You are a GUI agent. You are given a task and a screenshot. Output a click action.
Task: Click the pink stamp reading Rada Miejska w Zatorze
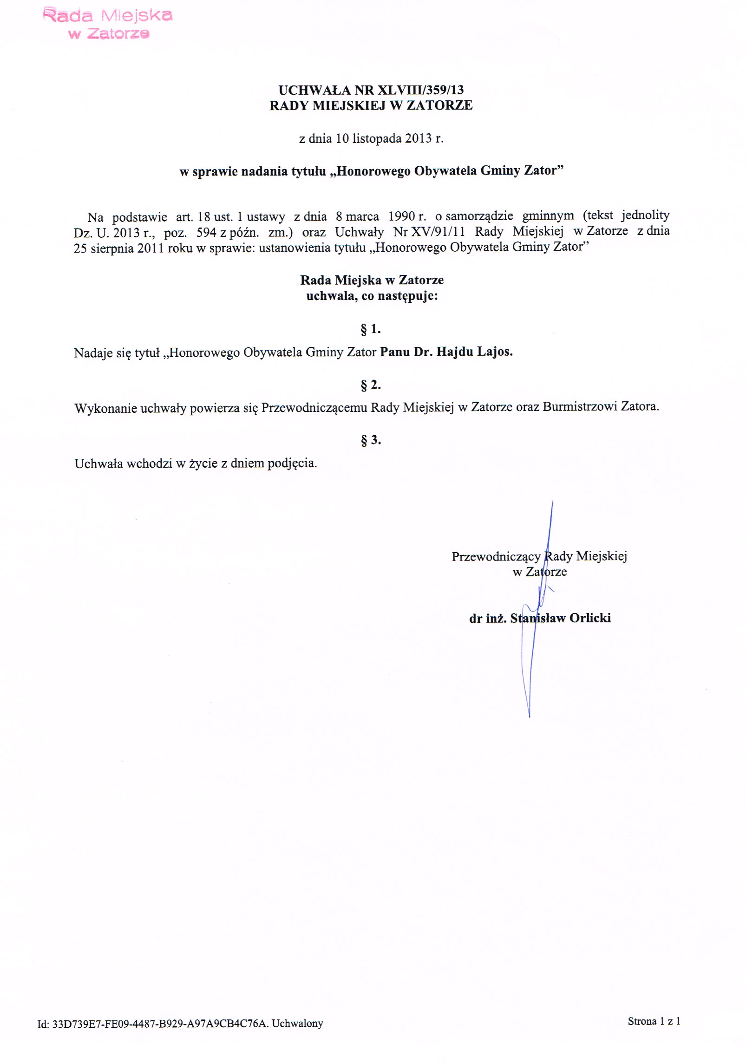coord(107,24)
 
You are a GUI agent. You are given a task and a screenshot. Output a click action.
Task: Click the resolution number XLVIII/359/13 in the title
coord(421,90)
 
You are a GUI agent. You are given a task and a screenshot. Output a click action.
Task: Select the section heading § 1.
coord(370,329)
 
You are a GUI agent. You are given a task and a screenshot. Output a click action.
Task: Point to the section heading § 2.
coord(370,385)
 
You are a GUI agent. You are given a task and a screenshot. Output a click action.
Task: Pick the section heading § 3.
coord(370,440)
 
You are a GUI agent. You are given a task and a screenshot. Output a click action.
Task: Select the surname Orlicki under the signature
coord(590,618)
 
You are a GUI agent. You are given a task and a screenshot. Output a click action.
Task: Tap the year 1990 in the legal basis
coord(402,216)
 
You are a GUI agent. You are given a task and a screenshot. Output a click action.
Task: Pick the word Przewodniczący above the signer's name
coord(496,556)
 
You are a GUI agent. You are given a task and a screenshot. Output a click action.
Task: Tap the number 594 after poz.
coord(206,232)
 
